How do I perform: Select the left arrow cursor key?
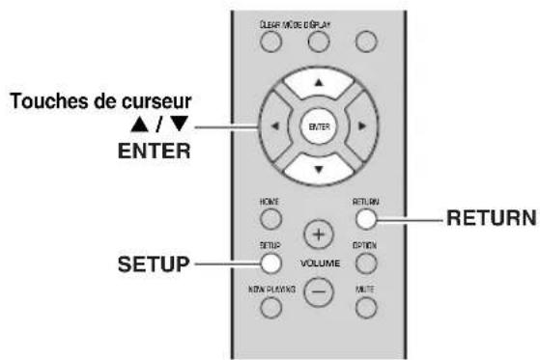click(275, 125)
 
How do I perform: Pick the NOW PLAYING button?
click(270, 306)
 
